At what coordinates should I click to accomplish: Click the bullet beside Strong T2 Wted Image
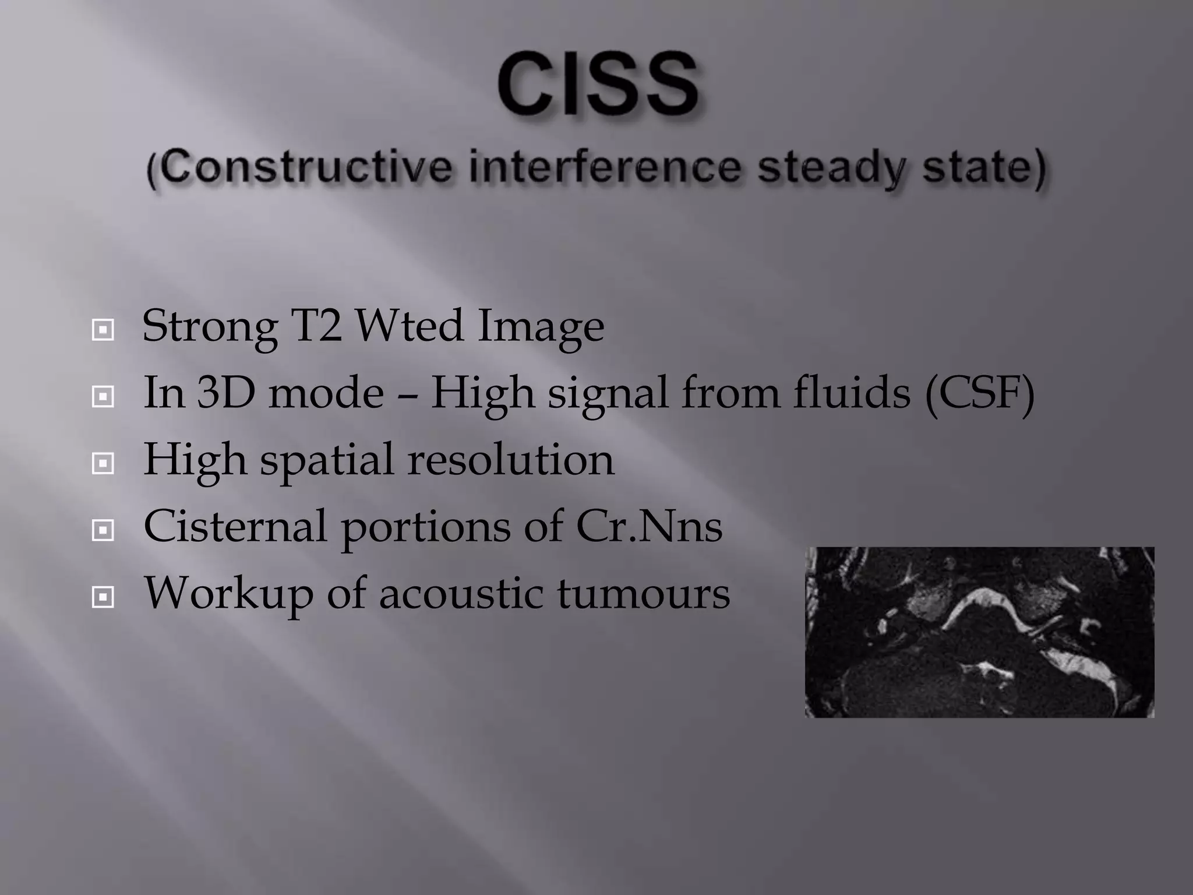[103, 330]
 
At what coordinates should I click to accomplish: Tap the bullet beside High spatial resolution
[103, 464]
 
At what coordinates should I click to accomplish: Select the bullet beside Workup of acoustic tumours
[103, 597]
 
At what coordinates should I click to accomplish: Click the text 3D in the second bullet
[225, 393]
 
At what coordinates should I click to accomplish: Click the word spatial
[327, 461]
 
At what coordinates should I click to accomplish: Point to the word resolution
[510, 460]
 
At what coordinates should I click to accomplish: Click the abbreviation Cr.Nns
[649, 526]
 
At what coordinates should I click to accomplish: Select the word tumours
[643, 593]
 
